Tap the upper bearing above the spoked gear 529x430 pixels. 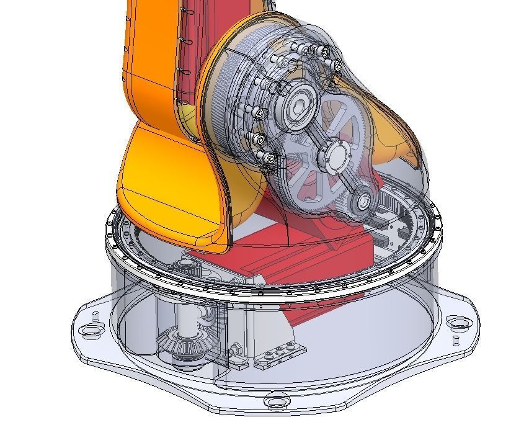(x=303, y=104)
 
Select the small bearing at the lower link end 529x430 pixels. (x=362, y=200)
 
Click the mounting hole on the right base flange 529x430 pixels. (x=457, y=321)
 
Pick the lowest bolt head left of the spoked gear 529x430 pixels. (x=267, y=160)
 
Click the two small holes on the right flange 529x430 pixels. (x=456, y=339)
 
